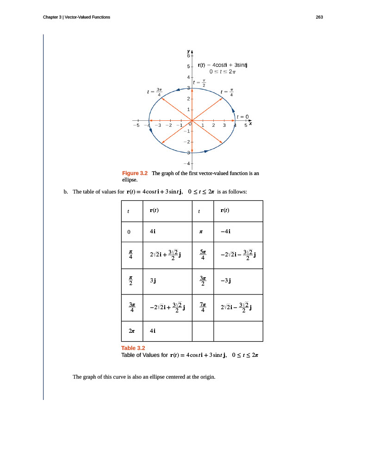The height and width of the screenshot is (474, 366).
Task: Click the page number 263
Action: (319, 17)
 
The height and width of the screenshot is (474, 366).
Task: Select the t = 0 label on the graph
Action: (243, 117)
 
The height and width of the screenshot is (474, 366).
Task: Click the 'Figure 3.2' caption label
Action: (134, 173)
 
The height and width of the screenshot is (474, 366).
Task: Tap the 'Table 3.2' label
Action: (133, 348)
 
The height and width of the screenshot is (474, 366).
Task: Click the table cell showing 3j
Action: (153, 280)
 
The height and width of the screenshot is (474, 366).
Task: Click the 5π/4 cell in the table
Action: (202, 255)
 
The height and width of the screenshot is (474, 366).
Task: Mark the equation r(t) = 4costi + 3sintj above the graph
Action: (223, 65)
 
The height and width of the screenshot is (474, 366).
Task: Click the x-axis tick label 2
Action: (213, 125)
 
